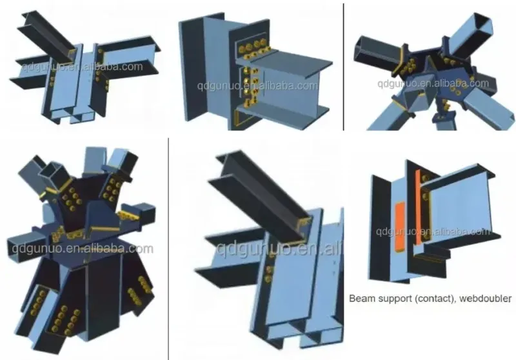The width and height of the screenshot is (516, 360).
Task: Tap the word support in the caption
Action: point(394,299)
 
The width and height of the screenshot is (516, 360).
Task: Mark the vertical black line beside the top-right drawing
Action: point(342,65)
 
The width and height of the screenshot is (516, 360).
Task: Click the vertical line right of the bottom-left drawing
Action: point(168,245)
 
